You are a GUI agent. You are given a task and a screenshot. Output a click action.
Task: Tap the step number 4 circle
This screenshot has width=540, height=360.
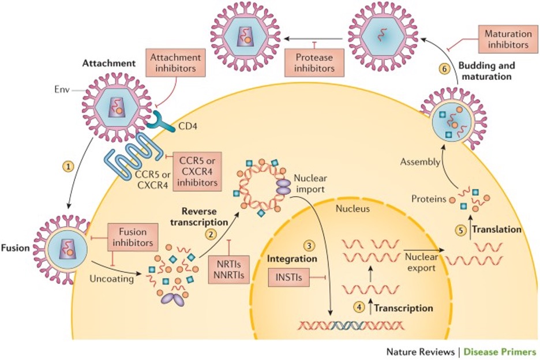point(361,307)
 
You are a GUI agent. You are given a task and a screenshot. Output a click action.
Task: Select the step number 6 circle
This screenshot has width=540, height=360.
point(444,69)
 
